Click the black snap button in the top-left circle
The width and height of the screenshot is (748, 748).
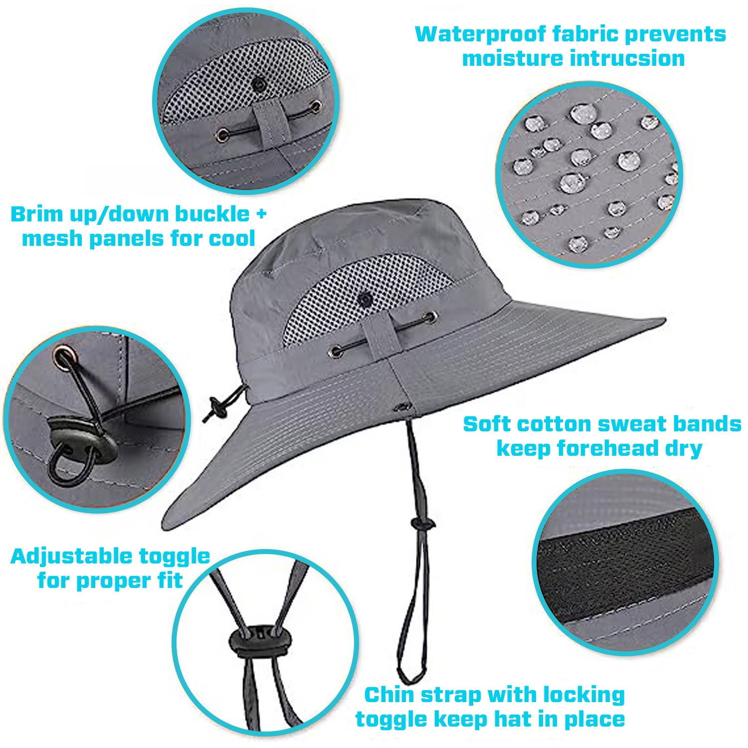[x=258, y=85]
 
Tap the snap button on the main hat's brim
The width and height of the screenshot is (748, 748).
[x=403, y=407]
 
